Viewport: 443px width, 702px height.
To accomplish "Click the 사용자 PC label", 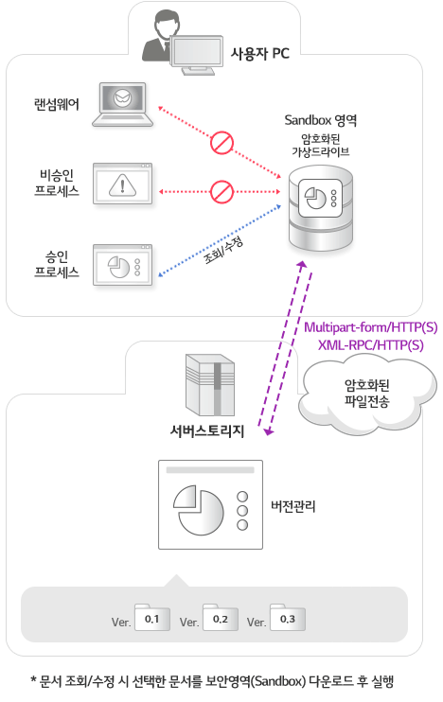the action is (259, 53).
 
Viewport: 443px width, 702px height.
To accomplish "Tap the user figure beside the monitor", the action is (158, 38).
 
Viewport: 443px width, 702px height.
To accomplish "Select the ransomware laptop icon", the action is (122, 104).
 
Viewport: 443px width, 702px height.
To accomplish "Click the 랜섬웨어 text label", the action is (57, 104).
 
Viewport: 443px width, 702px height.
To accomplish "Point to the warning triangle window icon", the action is (123, 184).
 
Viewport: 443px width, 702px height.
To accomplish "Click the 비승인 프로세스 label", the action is (57, 183).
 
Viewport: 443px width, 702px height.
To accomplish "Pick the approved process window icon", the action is (123, 265).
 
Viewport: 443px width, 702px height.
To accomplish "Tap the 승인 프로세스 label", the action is (57, 264).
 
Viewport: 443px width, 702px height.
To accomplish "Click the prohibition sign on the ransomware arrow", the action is (221, 143).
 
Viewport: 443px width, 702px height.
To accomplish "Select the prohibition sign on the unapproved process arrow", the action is (221, 192).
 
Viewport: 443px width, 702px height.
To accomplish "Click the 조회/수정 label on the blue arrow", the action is (223, 251).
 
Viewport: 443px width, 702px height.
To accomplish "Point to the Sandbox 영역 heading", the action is (321, 120).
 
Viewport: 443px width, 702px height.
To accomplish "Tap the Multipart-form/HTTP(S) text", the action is (371, 327).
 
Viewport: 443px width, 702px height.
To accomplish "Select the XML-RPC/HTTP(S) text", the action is (371, 345).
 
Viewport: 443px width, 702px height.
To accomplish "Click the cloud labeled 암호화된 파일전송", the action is (367, 394).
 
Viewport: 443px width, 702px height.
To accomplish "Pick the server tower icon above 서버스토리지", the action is (210, 385).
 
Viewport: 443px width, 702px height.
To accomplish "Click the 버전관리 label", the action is (293, 506).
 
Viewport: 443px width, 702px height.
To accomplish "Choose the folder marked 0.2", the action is (220, 618).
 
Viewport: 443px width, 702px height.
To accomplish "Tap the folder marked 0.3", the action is (287, 618).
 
